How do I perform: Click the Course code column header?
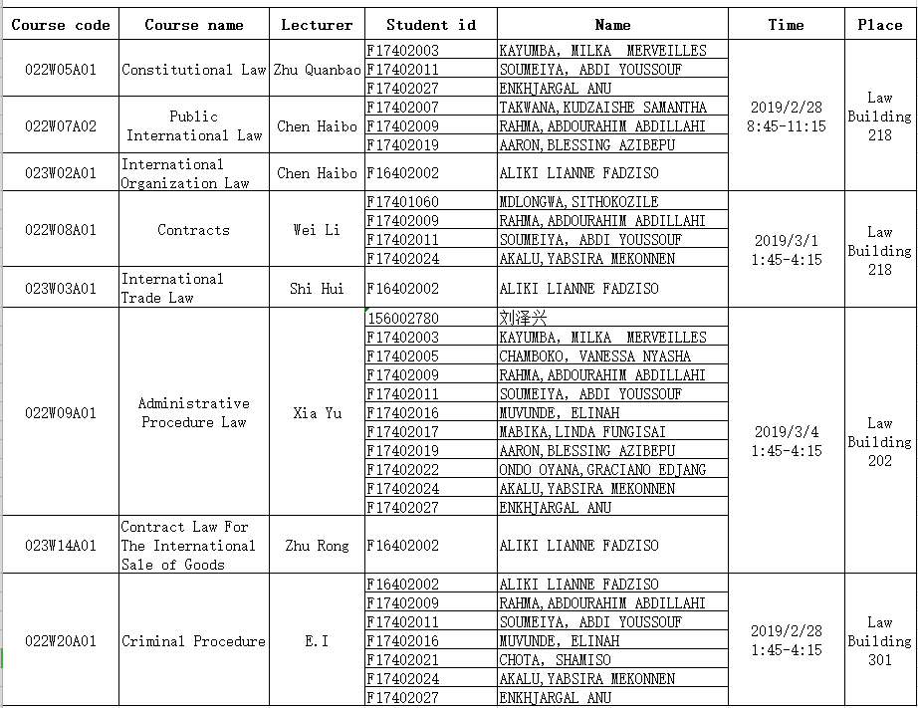click(x=61, y=25)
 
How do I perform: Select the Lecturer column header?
click(x=317, y=25)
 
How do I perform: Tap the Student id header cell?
click(x=431, y=25)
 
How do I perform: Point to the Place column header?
click(x=879, y=25)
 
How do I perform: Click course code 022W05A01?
click(x=61, y=70)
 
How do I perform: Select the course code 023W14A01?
click(x=61, y=546)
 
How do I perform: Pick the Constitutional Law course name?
click(x=194, y=70)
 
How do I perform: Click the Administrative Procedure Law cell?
click(x=194, y=412)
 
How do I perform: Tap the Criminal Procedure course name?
click(x=194, y=641)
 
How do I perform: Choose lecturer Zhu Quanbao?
click(x=317, y=70)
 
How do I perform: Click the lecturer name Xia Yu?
click(x=317, y=413)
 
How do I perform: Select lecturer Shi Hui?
click(x=317, y=289)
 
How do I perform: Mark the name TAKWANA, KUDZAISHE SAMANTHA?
click(x=602, y=108)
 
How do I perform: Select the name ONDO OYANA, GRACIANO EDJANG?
click(x=602, y=470)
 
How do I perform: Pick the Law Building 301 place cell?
click(x=879, y=640)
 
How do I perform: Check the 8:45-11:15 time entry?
click(x=787, y=126)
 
